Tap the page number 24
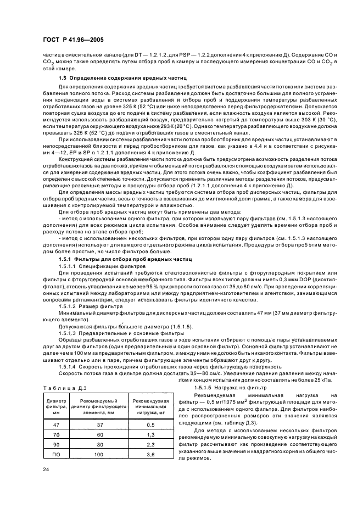tap(46, 468)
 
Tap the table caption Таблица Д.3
tap(65, 388)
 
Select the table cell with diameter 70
tap(55, 433)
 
